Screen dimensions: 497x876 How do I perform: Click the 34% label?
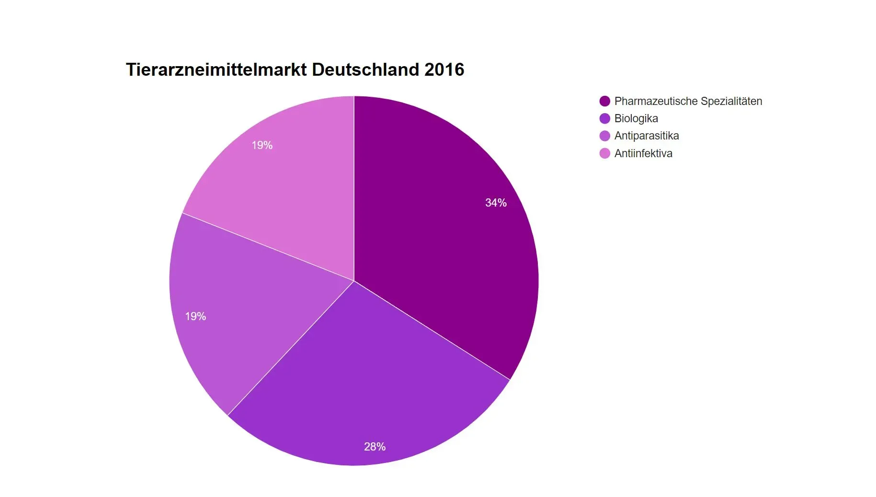pyautogui.click(x=496, y=203)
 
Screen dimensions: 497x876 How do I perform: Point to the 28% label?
pyautogui.click(x=375, y=447)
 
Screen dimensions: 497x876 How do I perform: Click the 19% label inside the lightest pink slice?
pyautogui.click(x=262, y=145)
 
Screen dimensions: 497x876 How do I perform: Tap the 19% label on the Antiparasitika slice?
pyautogui.click(x=195, y=316)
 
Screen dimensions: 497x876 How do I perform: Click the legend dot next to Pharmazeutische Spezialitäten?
pyautogui.click(x=605, y=101)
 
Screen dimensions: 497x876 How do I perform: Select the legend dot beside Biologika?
pyautogui.click(x=605, y=118)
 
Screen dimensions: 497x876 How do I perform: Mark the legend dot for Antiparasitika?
pyautogui.click(x=605, y=136)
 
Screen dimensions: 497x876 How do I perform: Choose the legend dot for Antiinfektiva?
pyautogui.click(x=605, y=153)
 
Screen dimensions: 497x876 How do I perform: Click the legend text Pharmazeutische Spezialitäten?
pyautogui.click(x=688, y=101)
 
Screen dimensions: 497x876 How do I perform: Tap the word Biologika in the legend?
pyautogui.click(x=636, y=118)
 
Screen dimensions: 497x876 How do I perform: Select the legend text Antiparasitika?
pyautogui.click(x=647, y=136)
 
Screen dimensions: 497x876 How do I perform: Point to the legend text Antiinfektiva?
pyautogui.click(x=643, y=153)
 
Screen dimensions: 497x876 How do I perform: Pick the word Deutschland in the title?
pyautogui.click(x=365, y=69)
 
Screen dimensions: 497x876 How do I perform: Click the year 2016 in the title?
pyautogui.click(x=444, y=69)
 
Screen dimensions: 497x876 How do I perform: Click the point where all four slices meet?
pyautogui.click(x=354, y=281)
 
